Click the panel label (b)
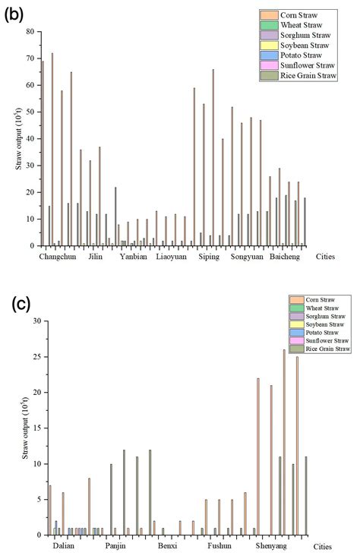click(14, 14)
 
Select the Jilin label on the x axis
click(96, 257)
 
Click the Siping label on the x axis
click(209, 257)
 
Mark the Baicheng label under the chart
click(287, 257)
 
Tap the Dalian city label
click(64, 546)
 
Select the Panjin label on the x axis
click(115, 546)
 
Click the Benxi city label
click(166, 546)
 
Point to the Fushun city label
click(219, 546)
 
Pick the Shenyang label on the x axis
click(271, 546)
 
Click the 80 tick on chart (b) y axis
click(31, 32)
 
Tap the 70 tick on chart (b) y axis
click(31, 58)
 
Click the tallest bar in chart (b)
click(52, 150)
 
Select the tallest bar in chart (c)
click(284, 442)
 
